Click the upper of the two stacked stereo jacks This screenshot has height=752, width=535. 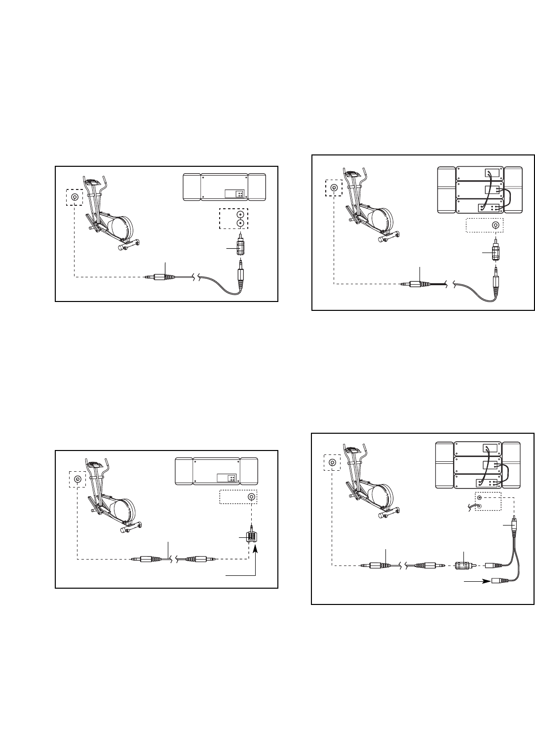pyautogui.click(x=240, y=215)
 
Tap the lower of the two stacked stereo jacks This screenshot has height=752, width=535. pyautogui.click(x=240, y=223)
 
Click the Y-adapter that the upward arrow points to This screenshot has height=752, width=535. pyautogui.click(x=250, y=536)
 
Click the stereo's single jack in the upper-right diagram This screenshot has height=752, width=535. pyautogui.click(x=495, y=226)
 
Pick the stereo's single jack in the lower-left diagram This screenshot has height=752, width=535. pyautogui.click(x=252, y=497)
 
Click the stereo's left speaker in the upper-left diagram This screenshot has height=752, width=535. pyautogui.click(x=191, y=187)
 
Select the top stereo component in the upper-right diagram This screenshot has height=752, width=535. pyautogui.click(x=480, y=174)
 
